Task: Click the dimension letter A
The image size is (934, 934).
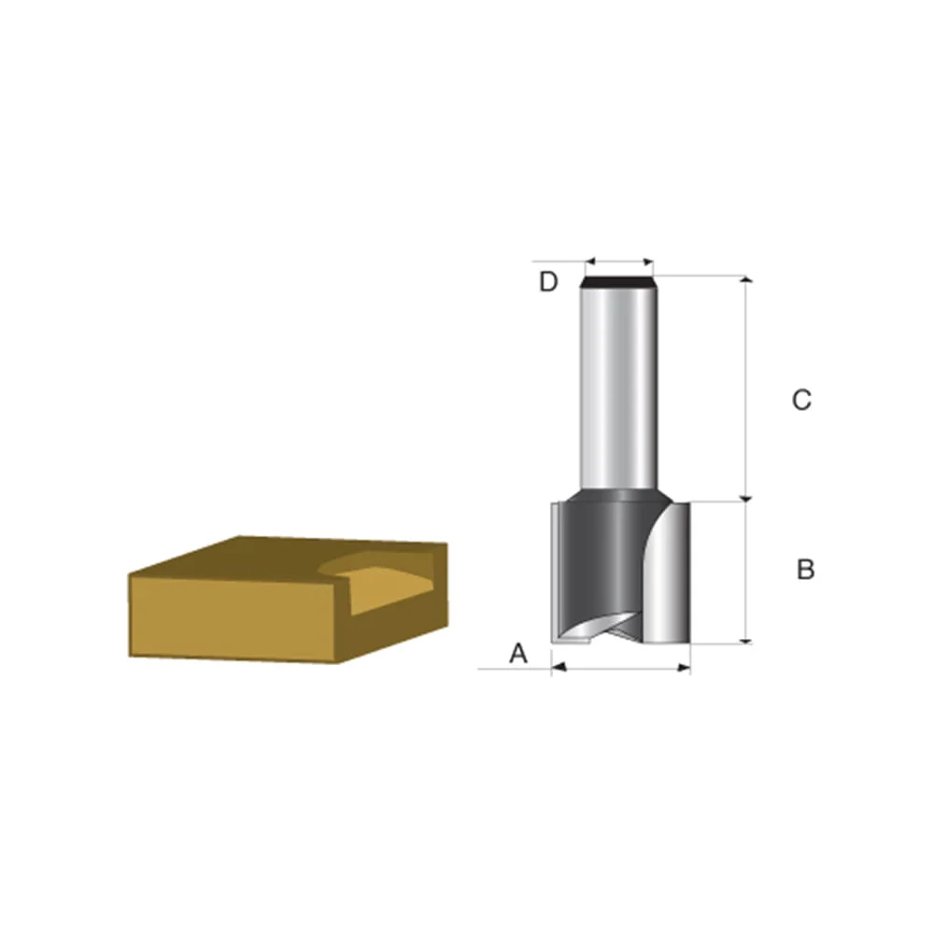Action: pyautogui.click(x=518, y=654)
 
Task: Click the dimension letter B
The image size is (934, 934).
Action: pyautogui.click(x=805, y=569)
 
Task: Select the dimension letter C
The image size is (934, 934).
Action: pyautogui.click(x=801, y=401)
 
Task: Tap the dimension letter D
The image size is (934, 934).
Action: pyautogui.click(x=548, y=281)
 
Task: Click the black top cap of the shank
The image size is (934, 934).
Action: pyautogui.click(x=616, y=280)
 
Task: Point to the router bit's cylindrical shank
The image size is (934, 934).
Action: pyautogui.click(x=616, y=383)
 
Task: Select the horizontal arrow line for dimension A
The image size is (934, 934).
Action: pyautogui.click(x=621, y=668)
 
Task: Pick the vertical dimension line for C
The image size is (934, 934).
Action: pyautogui.click(x=745, y=388)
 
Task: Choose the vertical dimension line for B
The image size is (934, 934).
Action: pyautogui.click(x=745, y=572)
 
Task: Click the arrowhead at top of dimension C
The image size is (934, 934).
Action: pyautogui.click(x=745, y=281)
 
